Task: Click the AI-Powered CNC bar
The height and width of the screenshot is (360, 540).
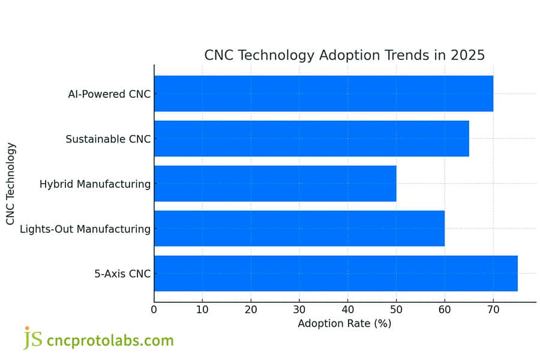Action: (x=323, y=94)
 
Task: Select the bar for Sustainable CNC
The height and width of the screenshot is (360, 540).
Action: (x=311, y=139)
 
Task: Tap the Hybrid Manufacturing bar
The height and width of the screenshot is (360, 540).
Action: (x=275, y=184)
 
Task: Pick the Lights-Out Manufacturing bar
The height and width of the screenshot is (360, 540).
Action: (x=299, y=229)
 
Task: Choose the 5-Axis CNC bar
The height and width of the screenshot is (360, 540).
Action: (x=335, y=274)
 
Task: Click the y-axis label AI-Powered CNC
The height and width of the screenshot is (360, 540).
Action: (x=109, y=94)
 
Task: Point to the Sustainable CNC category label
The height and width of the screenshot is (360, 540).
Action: (x=108, y=139)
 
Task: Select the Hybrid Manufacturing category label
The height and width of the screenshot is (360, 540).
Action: (x=95, y=184)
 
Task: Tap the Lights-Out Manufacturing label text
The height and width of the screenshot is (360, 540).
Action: (x=85, y=229)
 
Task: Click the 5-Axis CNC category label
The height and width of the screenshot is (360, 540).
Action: (x=122, y=274)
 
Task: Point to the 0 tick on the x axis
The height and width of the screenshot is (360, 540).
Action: (x=154, y=310)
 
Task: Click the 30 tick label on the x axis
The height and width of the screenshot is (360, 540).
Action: (x=299, y=310)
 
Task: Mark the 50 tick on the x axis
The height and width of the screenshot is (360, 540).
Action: (x=396, y=310)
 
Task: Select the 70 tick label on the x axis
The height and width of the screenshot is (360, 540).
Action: (x=493, y=310)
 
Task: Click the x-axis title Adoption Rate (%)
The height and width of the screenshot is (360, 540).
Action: (x=344, y=323)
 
